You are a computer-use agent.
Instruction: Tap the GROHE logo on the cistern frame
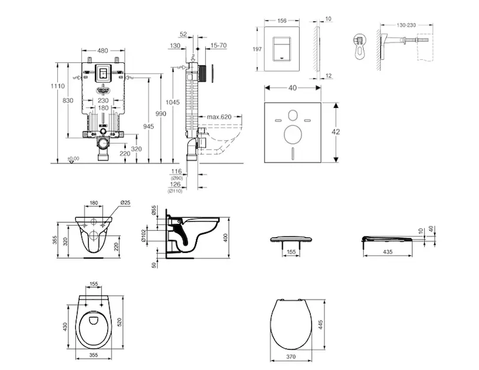pyautogui.click(x=102, y=89)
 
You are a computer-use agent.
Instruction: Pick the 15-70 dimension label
pyautogui.click(x=218, y=45)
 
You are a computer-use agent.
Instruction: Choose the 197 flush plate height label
pyautogui.click(x=250, y=49)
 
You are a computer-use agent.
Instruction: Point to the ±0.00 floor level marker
pyautogui.click(x=73, y=158)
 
